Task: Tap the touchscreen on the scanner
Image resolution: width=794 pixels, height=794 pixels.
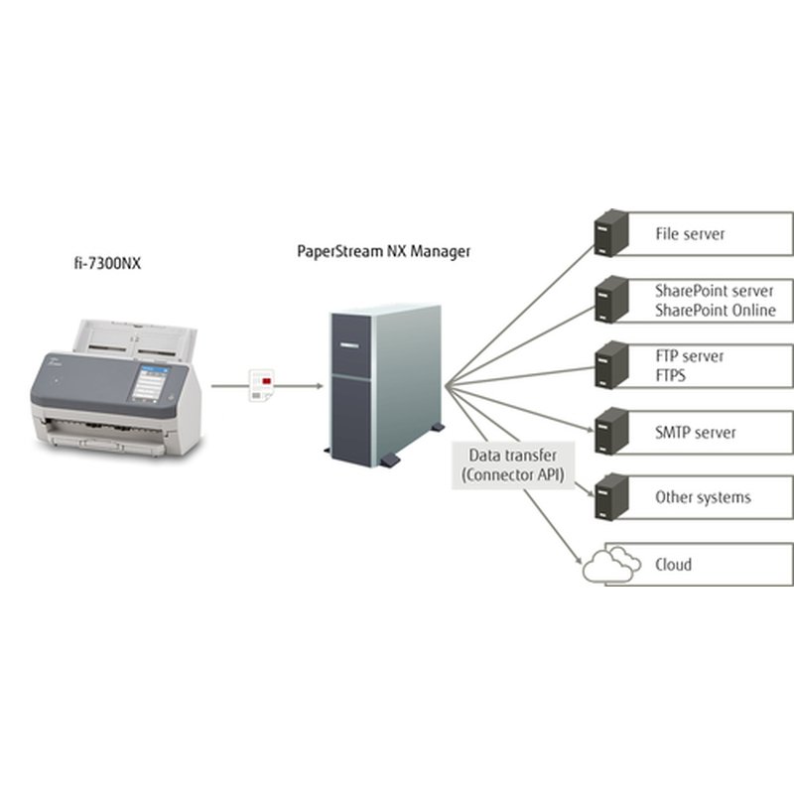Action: pyautogui.click(x=150, y=383)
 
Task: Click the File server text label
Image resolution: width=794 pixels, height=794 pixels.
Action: pyautogui.click(x=690, y=234)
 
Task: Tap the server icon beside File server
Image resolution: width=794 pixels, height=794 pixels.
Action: pyautogui.click(x=610, y=234)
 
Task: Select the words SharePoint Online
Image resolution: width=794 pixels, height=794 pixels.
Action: pyautogui.click(x=715, y=311)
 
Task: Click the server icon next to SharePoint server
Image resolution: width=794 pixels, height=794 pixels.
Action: pyautogui.click(x=610, y=300)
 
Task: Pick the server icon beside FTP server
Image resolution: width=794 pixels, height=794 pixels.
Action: pyautogui.click(x=610, y=365)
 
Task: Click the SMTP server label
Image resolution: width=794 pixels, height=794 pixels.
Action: pyautogui.click(x=695, y=433)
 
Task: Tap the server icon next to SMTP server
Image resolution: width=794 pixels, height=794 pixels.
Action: pyautogui.click(x=610, y=432)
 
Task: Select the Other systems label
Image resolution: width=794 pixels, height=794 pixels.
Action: pyautogui.click(x=703, y=497)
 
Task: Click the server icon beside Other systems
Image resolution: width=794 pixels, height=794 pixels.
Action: pyautogui.click(x=610, y=496)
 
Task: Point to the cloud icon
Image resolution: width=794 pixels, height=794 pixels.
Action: pyautogui.click(x=609, y=564)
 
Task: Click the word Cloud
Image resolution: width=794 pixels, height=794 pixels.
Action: pyautogui.click(x=673, y=565)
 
